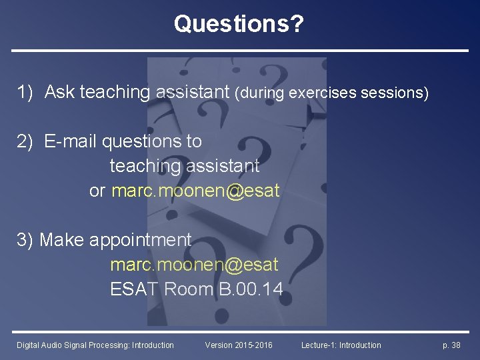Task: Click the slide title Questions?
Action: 239,24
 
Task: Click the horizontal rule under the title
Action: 240,51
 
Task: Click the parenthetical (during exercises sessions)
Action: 331,93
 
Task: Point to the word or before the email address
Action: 97,191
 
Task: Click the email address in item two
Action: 195,191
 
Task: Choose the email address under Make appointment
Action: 194,265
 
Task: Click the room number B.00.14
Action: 251,289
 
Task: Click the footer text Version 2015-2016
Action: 239,345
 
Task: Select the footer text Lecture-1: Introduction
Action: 341,345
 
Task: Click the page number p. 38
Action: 451,345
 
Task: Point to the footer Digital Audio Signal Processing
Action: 95,345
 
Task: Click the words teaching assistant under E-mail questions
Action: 185,165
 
